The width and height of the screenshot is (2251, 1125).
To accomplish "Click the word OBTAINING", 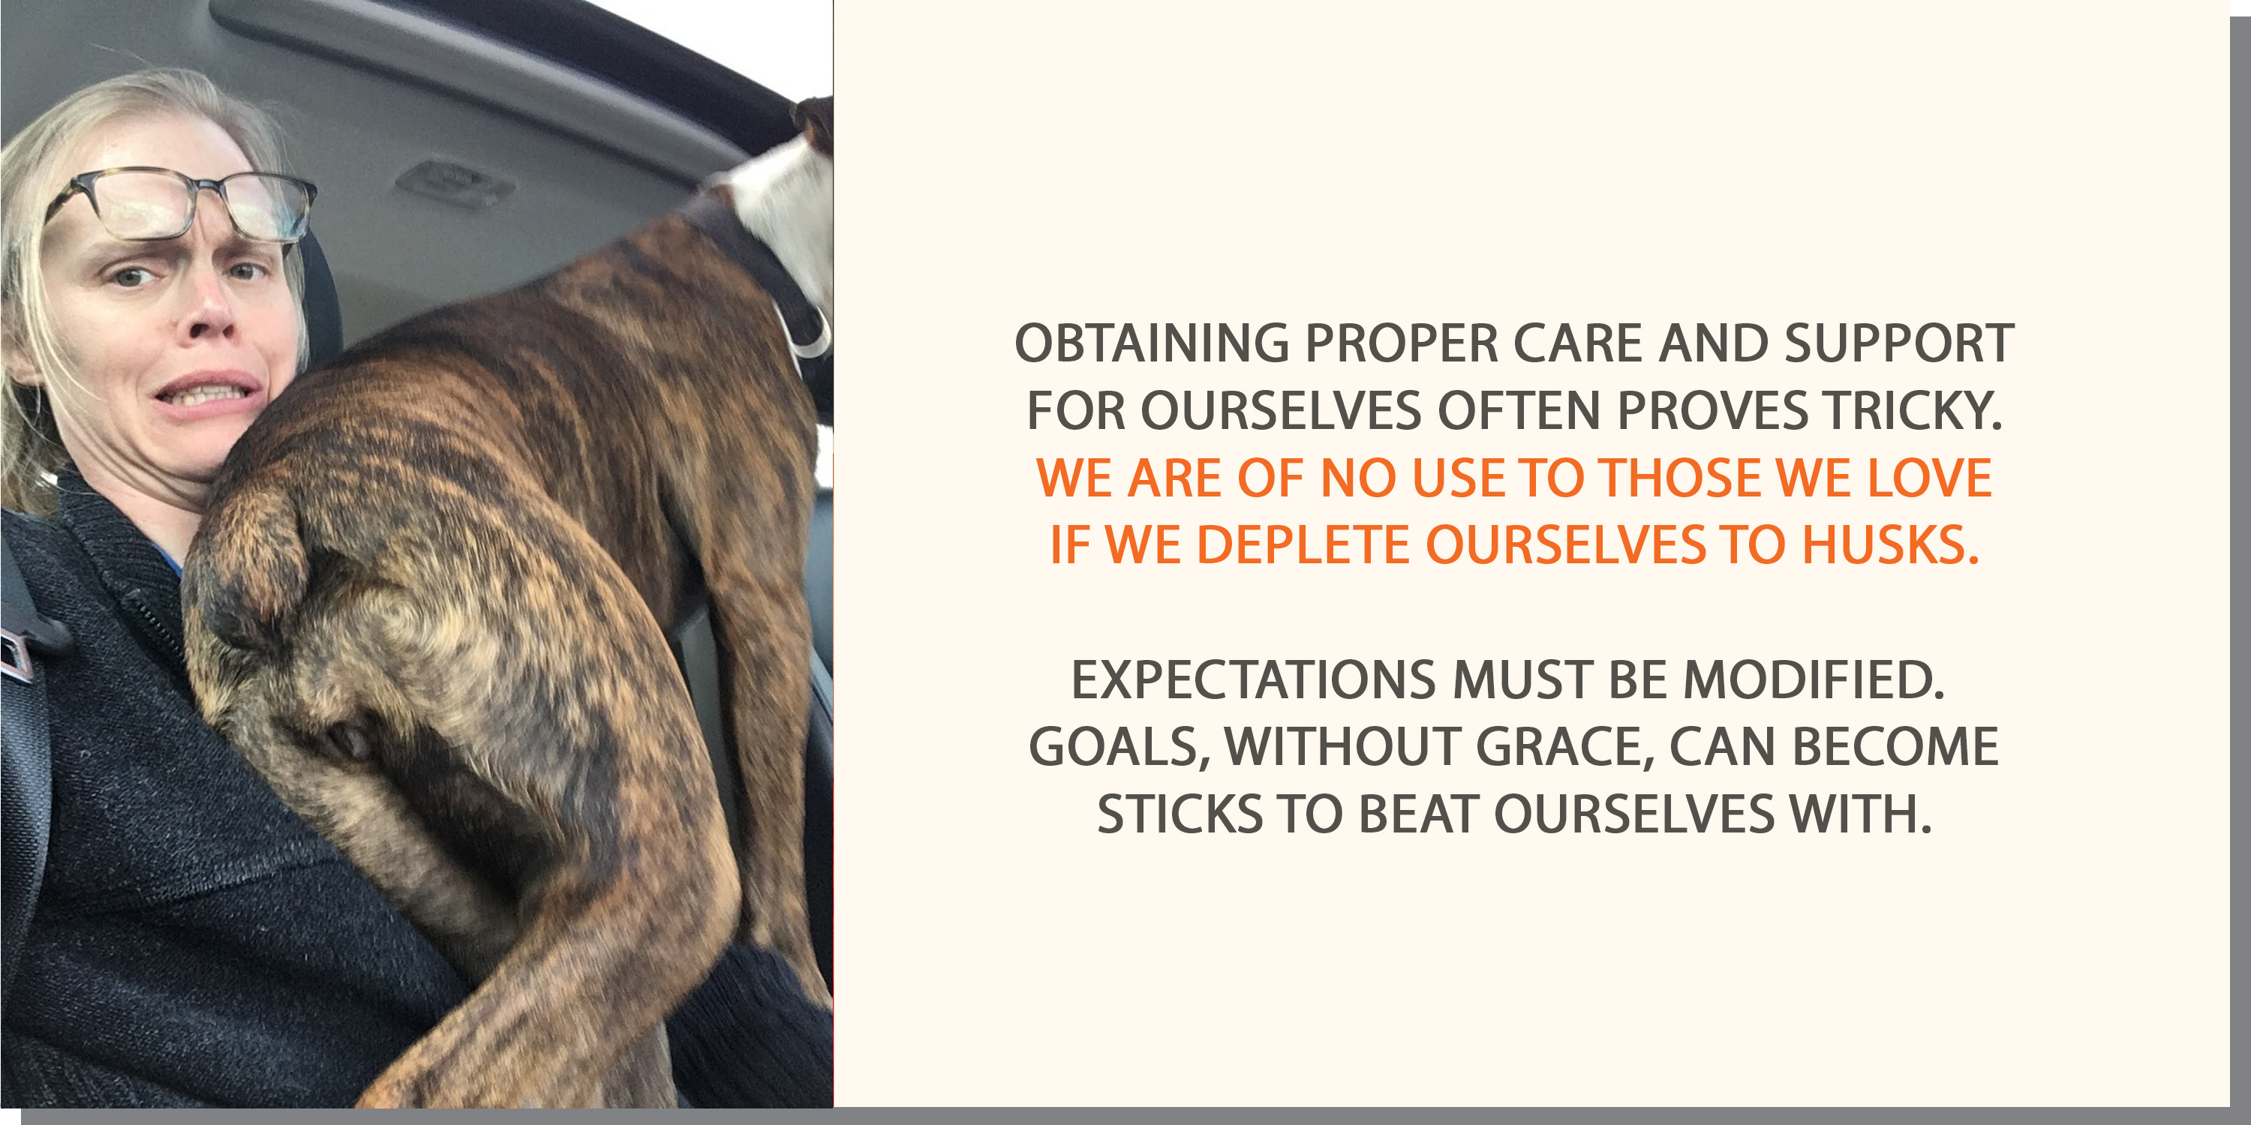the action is pyautogui.click(x=1152, y=343).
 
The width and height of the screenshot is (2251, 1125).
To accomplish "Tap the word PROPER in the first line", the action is pyautogui.click(x=1402, y=343).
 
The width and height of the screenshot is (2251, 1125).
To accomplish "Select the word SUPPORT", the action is pyautogui.click(x=1900, y=343).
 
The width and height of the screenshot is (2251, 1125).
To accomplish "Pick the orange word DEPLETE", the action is pyautogui.click(x=1303, y=545).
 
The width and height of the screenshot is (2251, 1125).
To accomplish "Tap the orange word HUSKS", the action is pyautogui.click(x=1890, y=545).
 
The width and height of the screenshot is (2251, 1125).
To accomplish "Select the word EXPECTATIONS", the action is pyautogui.click(x=1254, y=680).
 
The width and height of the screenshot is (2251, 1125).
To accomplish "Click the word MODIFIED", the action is pyautogui.click(x=1814, y=680).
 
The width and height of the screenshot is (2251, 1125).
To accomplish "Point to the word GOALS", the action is pyautogui.click(x=1119, y=748).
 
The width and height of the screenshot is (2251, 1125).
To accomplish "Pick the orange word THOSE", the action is pyautogui.click(x=1681, y=478).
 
